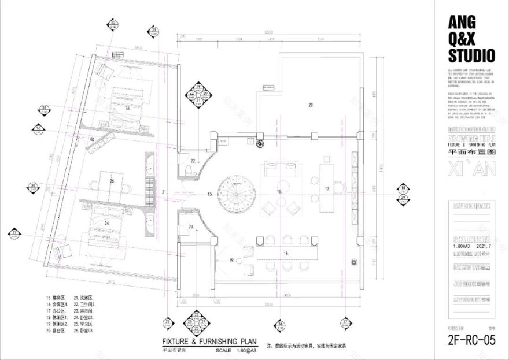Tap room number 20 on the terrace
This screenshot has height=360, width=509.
pyautogui.click(x=311, y=105)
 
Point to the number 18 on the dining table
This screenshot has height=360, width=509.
pyautogui.click(x=286, y=253)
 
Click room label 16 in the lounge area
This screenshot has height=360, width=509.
pyautogui.click(x=279, y=191)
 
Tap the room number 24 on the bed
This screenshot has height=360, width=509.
pyautogui.click(x=107, y=222)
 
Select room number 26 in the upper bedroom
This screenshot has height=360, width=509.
pyautogui.click(x=127, y=107)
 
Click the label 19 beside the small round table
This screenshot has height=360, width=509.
pyautogui.click(x=232, y=261)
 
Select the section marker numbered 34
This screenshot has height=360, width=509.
pyautogui.click(x=280, y=325)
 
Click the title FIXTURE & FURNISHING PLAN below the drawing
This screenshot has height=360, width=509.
pyautogui.click(x=209, y=342)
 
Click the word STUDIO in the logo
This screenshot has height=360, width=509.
pyautogui.click(x=471, y=55)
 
